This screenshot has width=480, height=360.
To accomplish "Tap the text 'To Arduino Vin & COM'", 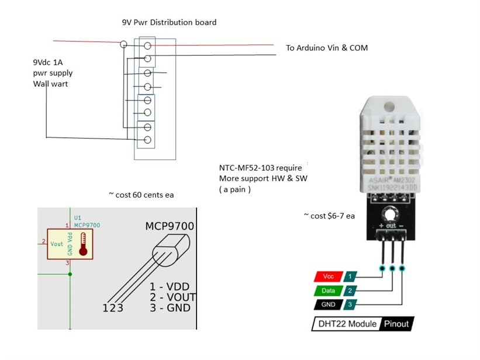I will click(327, 48).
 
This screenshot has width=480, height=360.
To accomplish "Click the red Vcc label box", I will click(328, 276).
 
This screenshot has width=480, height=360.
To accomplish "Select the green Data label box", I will click(328, 290).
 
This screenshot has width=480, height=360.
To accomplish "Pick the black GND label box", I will click(328, 304).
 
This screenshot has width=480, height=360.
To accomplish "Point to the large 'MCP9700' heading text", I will click(170, 226).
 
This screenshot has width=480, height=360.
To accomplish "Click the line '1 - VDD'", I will click(170, 288).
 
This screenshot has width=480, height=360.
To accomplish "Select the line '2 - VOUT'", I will click(173, 297).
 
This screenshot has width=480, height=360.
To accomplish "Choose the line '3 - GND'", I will click(170, 308).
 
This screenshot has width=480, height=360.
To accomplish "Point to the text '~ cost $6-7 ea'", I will click(329, 216).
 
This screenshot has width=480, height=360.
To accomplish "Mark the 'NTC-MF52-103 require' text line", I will click(260, 168).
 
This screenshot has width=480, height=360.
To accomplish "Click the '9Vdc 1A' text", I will click(49, 62).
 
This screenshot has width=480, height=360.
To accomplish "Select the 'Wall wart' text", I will click(51, 84).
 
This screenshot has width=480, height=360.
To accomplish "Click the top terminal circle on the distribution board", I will click(149, 45).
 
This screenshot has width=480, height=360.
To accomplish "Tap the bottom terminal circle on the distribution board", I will click(148, 140).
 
